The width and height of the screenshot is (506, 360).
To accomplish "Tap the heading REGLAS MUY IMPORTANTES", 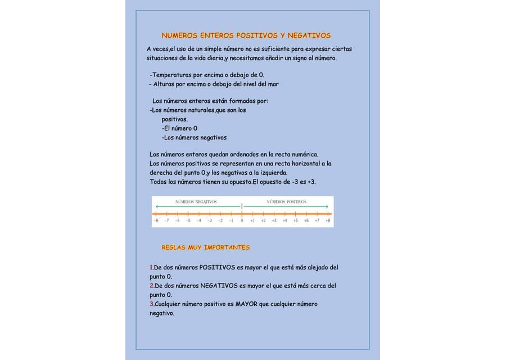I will click(x=206, y=247).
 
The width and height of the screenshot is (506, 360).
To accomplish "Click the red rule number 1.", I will click(x=151, y=267).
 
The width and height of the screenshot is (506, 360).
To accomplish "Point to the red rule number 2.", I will click(x=151, y=286).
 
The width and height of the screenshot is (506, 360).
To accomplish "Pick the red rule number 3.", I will click(x=151, y=304).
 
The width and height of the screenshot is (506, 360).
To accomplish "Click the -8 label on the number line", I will click(x=156, y=220).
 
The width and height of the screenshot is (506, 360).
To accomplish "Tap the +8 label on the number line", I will click(x=327, y=220).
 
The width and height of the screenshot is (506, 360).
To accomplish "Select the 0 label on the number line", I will click(x=242, y=220).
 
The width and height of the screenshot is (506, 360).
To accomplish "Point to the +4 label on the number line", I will click(x=284, y=220).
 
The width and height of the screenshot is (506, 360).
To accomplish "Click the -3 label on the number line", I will click(x=209, y=220).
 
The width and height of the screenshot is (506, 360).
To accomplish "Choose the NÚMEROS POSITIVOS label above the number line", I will click(x=287, y=201).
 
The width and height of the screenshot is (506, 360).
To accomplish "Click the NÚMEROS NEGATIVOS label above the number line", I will click(x=196, y=201).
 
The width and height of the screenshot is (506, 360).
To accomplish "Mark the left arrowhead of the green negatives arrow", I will click(x=157, y=207).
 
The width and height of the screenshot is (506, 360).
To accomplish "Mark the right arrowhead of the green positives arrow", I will click(x=327, y=207).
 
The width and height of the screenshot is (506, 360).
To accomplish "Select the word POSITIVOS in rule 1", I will click(x=218, y=267).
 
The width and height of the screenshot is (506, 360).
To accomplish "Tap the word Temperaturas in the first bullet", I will click(x=170, y=75).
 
